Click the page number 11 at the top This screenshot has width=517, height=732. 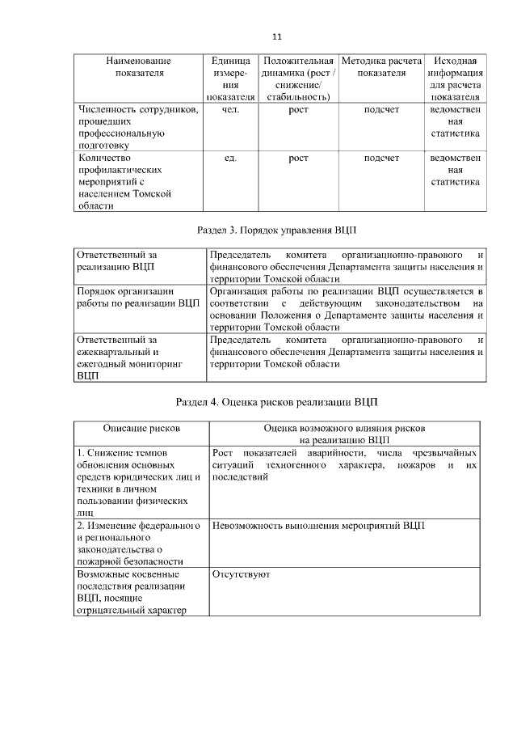(x=276, y=37)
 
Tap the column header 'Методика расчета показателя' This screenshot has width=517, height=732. (x=381, y=66)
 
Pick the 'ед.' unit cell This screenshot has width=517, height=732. (x=229, y=158)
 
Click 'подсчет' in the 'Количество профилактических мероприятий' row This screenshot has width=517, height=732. (x=381, y=158)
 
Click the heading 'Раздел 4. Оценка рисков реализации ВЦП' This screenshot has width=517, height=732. (x=277, y=402)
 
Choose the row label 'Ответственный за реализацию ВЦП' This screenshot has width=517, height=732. (x=116, y=260)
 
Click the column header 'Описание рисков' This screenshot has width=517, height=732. (x=141, y=427)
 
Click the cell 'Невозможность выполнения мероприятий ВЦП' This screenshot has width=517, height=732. (x=318, y=526)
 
